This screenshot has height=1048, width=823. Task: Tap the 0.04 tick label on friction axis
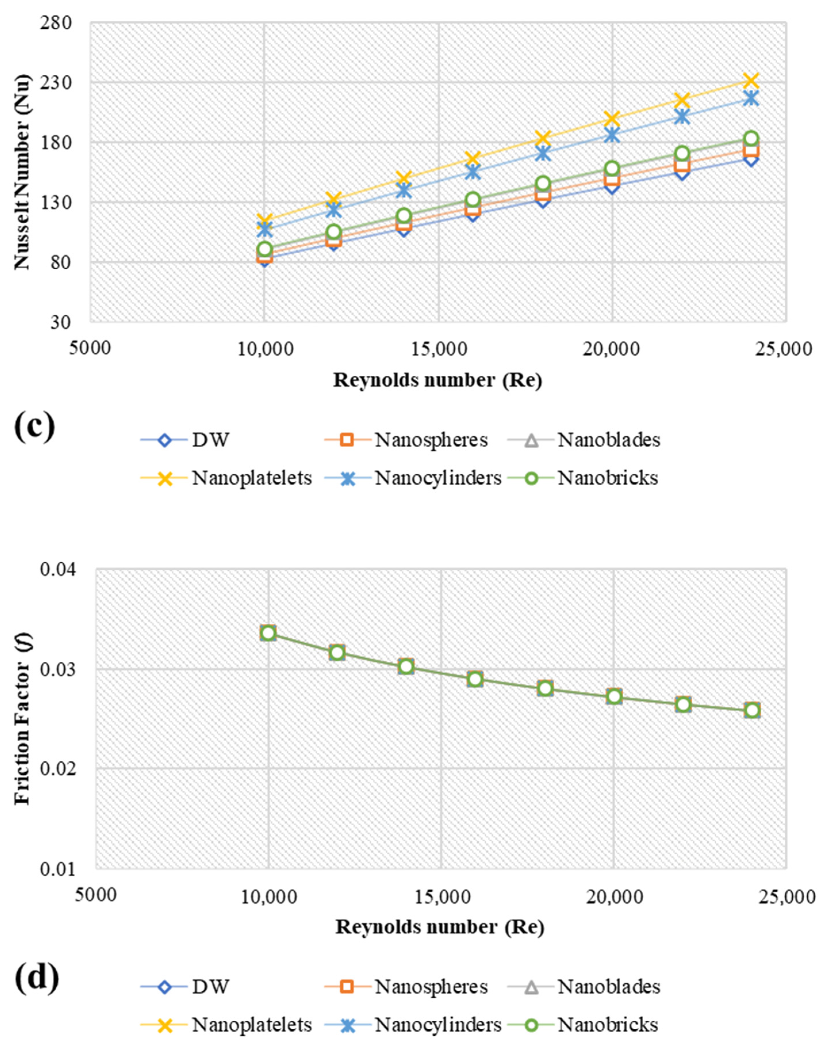[58, 569]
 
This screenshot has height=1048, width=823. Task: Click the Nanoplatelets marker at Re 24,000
[751, 80]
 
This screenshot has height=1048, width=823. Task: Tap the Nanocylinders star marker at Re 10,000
[264, 230]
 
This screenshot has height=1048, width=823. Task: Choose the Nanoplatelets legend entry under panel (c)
[227, 478]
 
